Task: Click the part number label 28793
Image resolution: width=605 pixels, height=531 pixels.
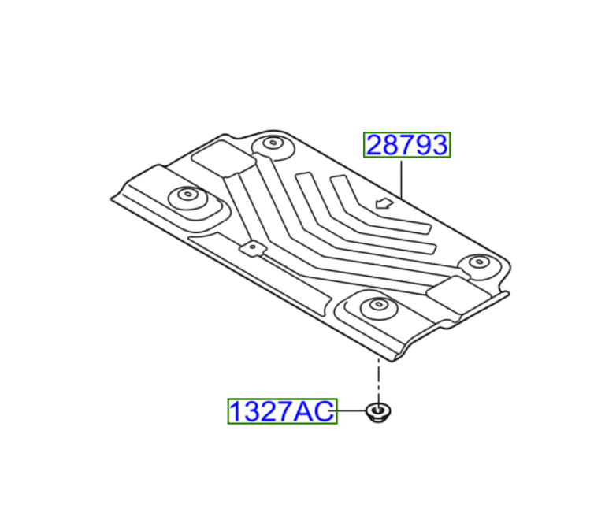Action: (x=406, y=145)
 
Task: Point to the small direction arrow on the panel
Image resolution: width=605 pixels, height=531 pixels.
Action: (x=384, y=203)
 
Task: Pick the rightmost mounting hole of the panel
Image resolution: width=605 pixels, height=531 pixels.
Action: (x=478, y=262)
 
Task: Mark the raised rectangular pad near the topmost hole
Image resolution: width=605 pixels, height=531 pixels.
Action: (x=221, y=162)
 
